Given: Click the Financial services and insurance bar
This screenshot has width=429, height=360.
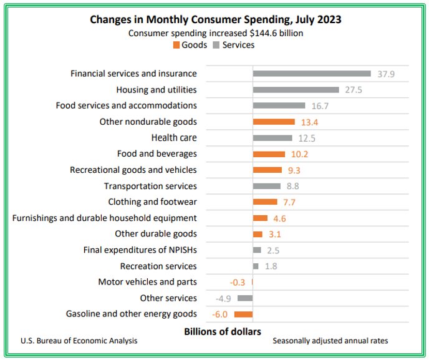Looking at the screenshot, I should pyautogui.click(x=312, y=74).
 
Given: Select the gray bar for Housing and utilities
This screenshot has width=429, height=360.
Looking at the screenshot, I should pyautogui.click(x=296, y=90).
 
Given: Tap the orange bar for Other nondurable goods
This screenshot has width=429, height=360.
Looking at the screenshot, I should pyautogui.click(x=274, y=122).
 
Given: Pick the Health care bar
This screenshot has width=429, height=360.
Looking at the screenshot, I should pyautogui.click(x=272, y=138).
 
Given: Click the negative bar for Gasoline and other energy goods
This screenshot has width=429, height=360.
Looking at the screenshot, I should pyautogui.click(x=243, y=314).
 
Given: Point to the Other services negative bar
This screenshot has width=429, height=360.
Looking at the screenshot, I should pyautogui.click(x=245, y=298).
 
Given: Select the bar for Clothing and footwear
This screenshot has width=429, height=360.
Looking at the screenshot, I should pyautogui.click(x=265, y=202).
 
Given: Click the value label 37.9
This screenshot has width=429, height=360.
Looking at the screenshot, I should pyautogui.click(x=386, y=74).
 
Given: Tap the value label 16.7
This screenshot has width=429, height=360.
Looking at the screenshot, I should pyautogui.click(x=319, y=106).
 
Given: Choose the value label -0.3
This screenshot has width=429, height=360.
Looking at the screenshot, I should pyautogui.click(x=237, y=282).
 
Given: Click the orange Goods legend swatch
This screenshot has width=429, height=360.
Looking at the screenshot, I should pyautogui.click(x=177, y=45).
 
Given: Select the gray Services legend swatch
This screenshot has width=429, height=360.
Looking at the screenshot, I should pyautogui.click(x=216, y=45).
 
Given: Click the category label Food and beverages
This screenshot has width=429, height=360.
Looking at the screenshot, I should pyautogui.click(x=157, y=153).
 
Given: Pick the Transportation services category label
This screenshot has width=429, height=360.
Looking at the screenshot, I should pyautogui.click(x=150, y=186).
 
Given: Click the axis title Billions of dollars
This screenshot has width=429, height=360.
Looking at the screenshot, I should pyautogui.click(x=223, y=331).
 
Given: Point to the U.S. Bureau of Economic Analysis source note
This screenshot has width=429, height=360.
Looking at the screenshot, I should pyautogui.click(x=79, y=341).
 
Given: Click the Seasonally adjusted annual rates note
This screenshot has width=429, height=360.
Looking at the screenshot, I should pyautogui.click(x=330, y=341).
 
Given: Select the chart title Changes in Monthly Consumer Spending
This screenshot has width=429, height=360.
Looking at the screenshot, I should pyautogui.click(x=215, y=19).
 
